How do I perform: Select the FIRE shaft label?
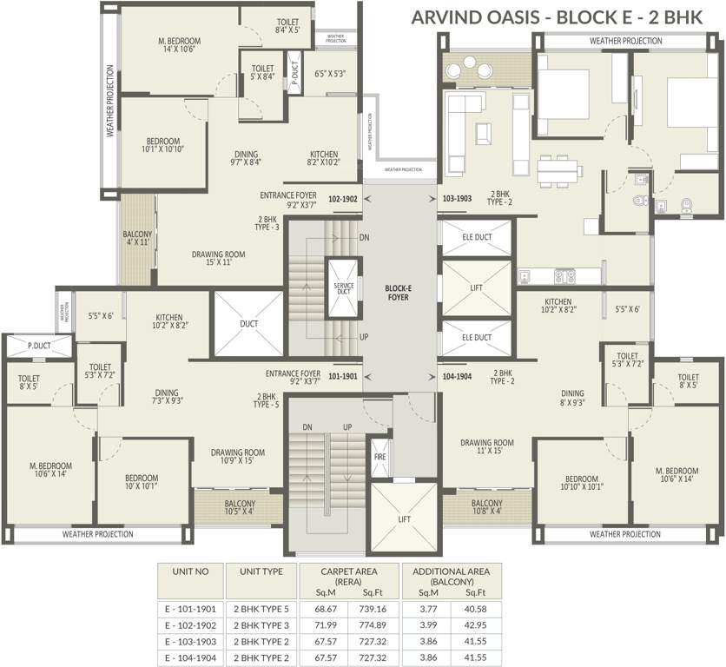379,457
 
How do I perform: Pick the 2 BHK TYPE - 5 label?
266,400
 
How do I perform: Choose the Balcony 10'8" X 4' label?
486,508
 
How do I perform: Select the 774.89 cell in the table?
369,624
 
